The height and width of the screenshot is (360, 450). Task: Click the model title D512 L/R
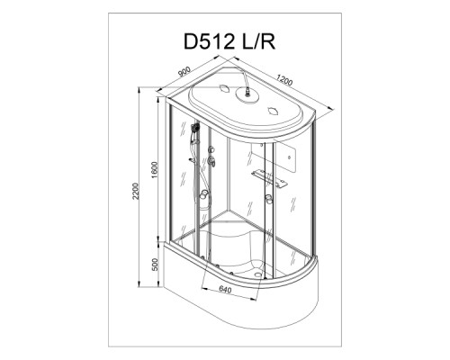coord(229,41)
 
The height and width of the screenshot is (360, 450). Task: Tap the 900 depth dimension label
coord(184,72)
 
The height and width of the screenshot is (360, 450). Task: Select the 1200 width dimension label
coord(284,80)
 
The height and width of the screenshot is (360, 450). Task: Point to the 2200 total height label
coord(136,191)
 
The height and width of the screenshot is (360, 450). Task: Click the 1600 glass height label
coord(155,170)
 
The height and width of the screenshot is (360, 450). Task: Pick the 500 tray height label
coord(155,265)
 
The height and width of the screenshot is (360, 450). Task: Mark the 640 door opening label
coord(225,290)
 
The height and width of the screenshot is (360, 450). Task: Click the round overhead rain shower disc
coord(247,95)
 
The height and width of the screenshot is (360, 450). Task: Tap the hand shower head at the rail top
coord(195,128)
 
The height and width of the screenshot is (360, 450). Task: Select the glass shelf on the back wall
coord(269,177)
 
